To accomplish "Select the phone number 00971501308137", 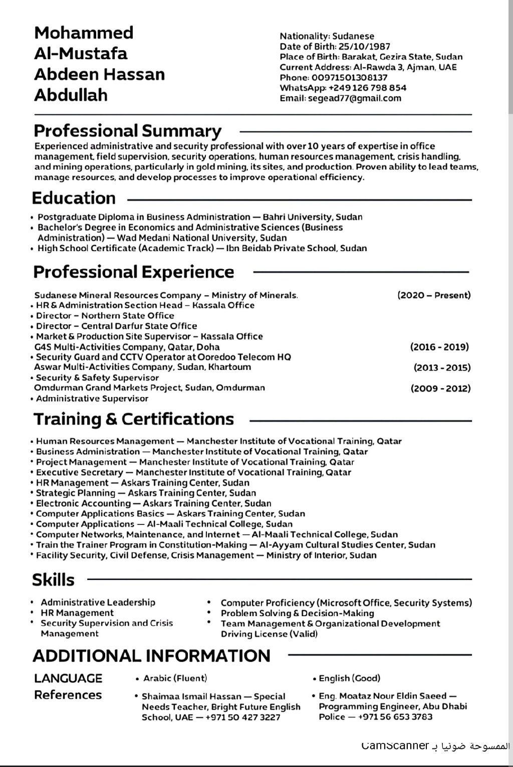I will [350, 78].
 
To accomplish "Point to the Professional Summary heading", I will [127, 131].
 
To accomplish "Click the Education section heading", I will [74, 198].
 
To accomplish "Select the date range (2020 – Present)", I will [434, 295].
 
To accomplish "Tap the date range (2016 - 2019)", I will [439, 347].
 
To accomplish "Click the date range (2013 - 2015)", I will [442, 367].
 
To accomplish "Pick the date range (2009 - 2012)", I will [440, 389].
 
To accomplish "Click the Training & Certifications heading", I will [134, 419].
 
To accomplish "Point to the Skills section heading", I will [53, 580].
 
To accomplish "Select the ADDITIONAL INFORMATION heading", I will [151, 656].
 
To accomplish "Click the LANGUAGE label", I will [68, 678].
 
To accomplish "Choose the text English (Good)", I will [350, 678].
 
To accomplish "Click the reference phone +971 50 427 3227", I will [243, 717].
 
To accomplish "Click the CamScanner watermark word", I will [395, 746].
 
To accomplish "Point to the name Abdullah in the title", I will [71, 95].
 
